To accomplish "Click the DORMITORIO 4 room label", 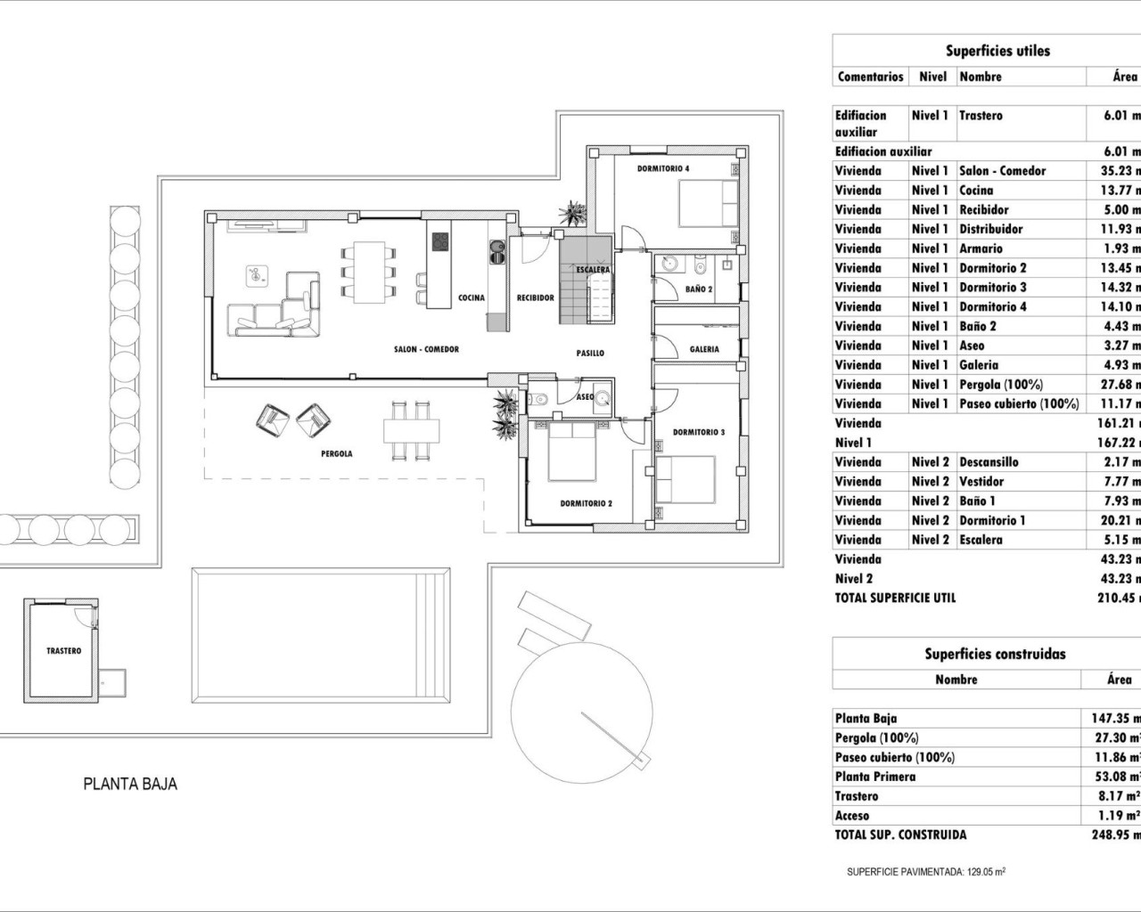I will click(662, 168).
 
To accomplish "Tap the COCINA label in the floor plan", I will click(472, 297).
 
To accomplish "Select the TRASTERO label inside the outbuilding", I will click(63, 651).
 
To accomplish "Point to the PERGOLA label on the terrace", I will click(336, 453).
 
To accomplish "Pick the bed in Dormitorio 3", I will click(685, 478).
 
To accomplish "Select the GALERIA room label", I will click(704, 349).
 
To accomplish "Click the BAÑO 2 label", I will click(699, 289).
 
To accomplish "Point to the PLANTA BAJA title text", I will click(130, 785).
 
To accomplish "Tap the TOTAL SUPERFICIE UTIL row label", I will click(895, 598).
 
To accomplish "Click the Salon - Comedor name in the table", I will click(1002, 170).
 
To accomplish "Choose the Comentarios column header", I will click(870, 77).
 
